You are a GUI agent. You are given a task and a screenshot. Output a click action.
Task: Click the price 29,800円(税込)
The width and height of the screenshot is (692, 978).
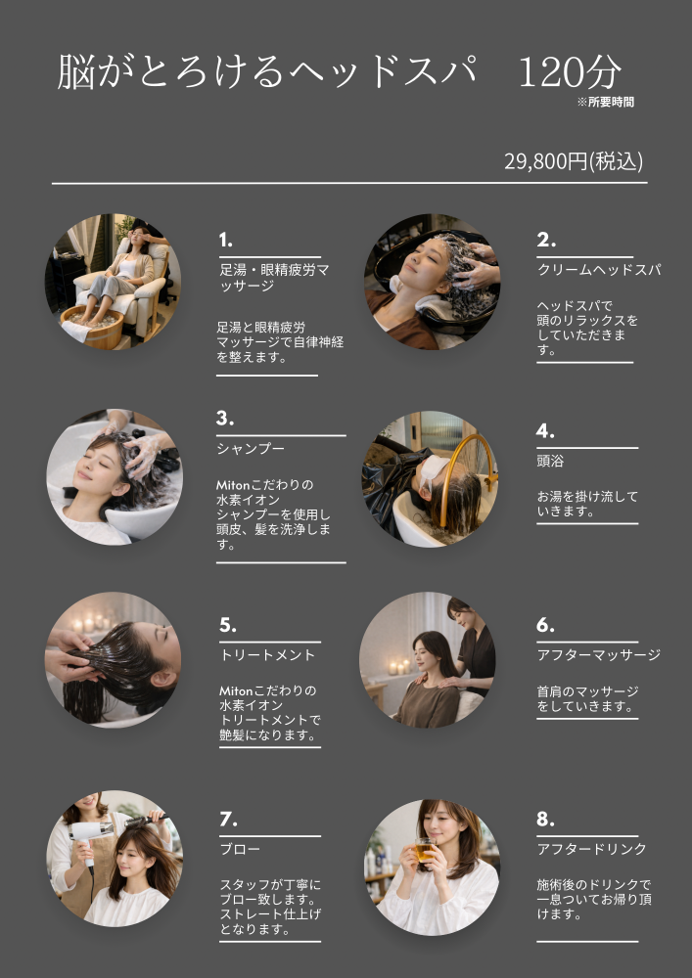click(574, 161)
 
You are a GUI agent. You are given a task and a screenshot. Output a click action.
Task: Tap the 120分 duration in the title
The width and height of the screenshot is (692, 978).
click(570, 71)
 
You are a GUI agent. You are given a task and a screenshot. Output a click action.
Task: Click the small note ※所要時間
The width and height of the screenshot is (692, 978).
click(605, 103)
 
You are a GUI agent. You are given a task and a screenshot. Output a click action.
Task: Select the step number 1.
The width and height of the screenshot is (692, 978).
click(225, 240)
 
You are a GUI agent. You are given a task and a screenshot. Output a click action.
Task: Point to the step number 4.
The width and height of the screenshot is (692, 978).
click(545, 431)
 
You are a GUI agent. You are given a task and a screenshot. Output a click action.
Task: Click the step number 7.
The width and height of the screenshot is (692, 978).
click(228, 819)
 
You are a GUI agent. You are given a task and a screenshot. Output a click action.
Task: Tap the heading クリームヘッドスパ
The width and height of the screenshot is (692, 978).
click(599, 270)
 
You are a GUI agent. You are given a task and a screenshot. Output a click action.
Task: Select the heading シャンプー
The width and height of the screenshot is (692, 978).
click(251, 449)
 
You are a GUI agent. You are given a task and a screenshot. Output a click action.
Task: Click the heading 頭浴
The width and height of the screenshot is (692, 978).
click(550, 461)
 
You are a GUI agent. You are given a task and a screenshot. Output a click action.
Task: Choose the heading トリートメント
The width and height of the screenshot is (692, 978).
click(267, 655)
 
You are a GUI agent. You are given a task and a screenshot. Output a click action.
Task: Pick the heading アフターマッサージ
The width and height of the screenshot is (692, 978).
click(598, 655)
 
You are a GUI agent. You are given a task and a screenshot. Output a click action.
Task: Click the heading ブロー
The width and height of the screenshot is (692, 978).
click(240, 849)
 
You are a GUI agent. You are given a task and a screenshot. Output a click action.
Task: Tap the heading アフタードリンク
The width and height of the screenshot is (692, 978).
click(591, 849)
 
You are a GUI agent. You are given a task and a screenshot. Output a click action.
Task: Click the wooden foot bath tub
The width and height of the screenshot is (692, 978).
click(92, 325)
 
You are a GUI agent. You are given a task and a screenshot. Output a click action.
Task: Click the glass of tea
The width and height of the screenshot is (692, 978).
click(425, 850)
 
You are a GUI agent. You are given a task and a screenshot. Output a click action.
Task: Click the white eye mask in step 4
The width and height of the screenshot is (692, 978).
click(435, 472)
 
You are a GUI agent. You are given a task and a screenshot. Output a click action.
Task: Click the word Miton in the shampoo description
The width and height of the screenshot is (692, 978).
click(233, 485)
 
